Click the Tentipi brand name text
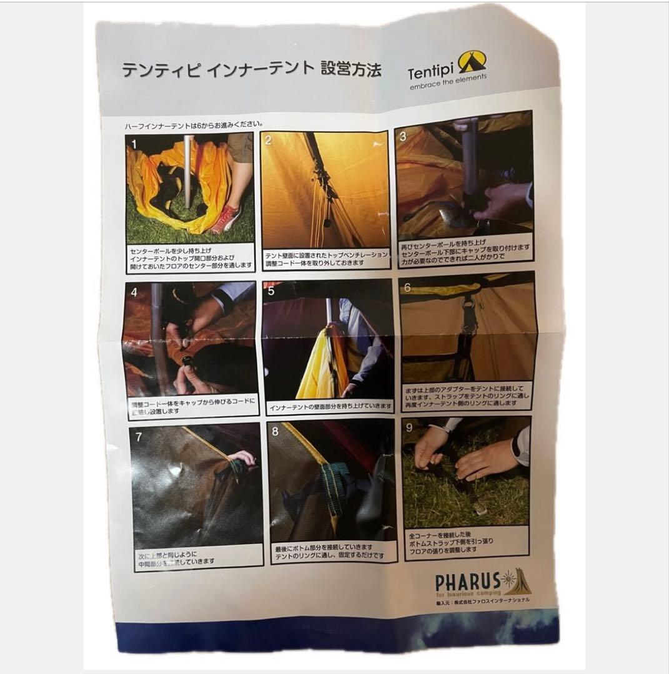pos(431,72)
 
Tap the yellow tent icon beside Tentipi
pos(472,62)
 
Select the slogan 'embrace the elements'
pos(448,83)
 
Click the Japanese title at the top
pos(250,69)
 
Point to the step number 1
pos(133,144)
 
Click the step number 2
pos(269,140)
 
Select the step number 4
pos(133,291)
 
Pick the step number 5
pos(270,291)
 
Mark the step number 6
pos(407,288)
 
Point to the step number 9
pos(409,427)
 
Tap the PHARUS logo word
pos(467,582)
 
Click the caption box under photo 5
pos(329,406)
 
